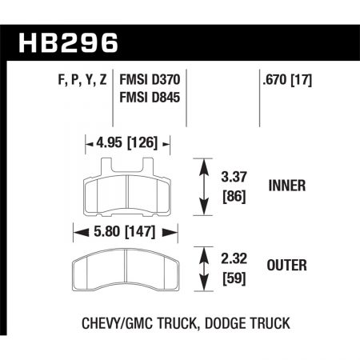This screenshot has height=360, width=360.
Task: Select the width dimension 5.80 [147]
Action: [124, 233]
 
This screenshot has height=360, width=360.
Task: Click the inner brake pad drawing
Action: [128, 192]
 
